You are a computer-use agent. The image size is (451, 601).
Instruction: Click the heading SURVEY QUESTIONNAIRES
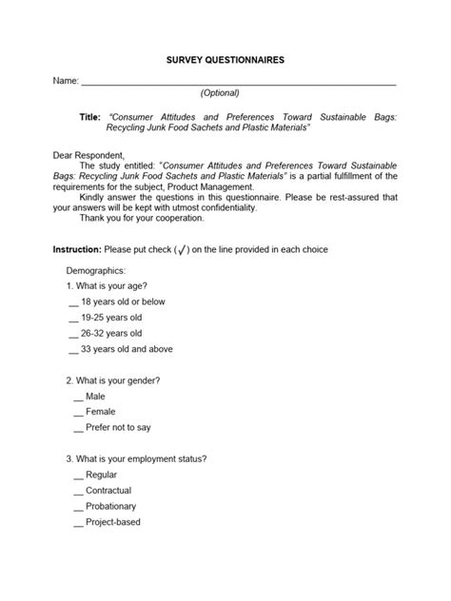[x=225, y=59]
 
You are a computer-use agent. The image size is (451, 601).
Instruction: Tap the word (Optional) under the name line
[x=220, y=93]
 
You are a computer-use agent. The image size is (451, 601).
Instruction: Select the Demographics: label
[x=96, y=271]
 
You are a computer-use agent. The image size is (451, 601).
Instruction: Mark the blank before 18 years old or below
[x=73, y=303]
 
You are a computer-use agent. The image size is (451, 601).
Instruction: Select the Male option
[x=95, y=396]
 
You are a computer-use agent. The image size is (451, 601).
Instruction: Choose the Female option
[x=100, y=412]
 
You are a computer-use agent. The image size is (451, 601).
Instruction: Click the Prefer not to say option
[x=117, y=427]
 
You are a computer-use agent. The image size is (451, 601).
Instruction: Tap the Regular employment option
[x=101, y=474]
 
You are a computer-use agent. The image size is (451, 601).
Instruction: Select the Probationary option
[x=110, y=506]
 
